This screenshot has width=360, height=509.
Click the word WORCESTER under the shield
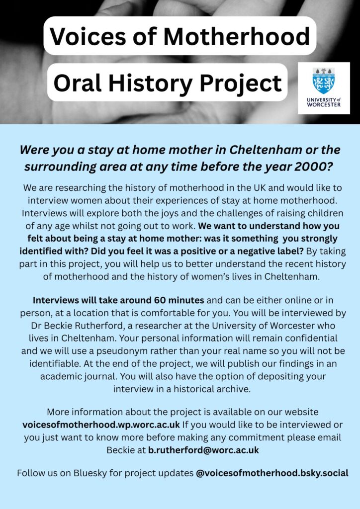click(324, 105)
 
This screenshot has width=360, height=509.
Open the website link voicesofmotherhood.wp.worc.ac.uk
click(101, 425)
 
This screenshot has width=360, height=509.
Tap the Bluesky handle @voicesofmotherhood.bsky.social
click(272, 473)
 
